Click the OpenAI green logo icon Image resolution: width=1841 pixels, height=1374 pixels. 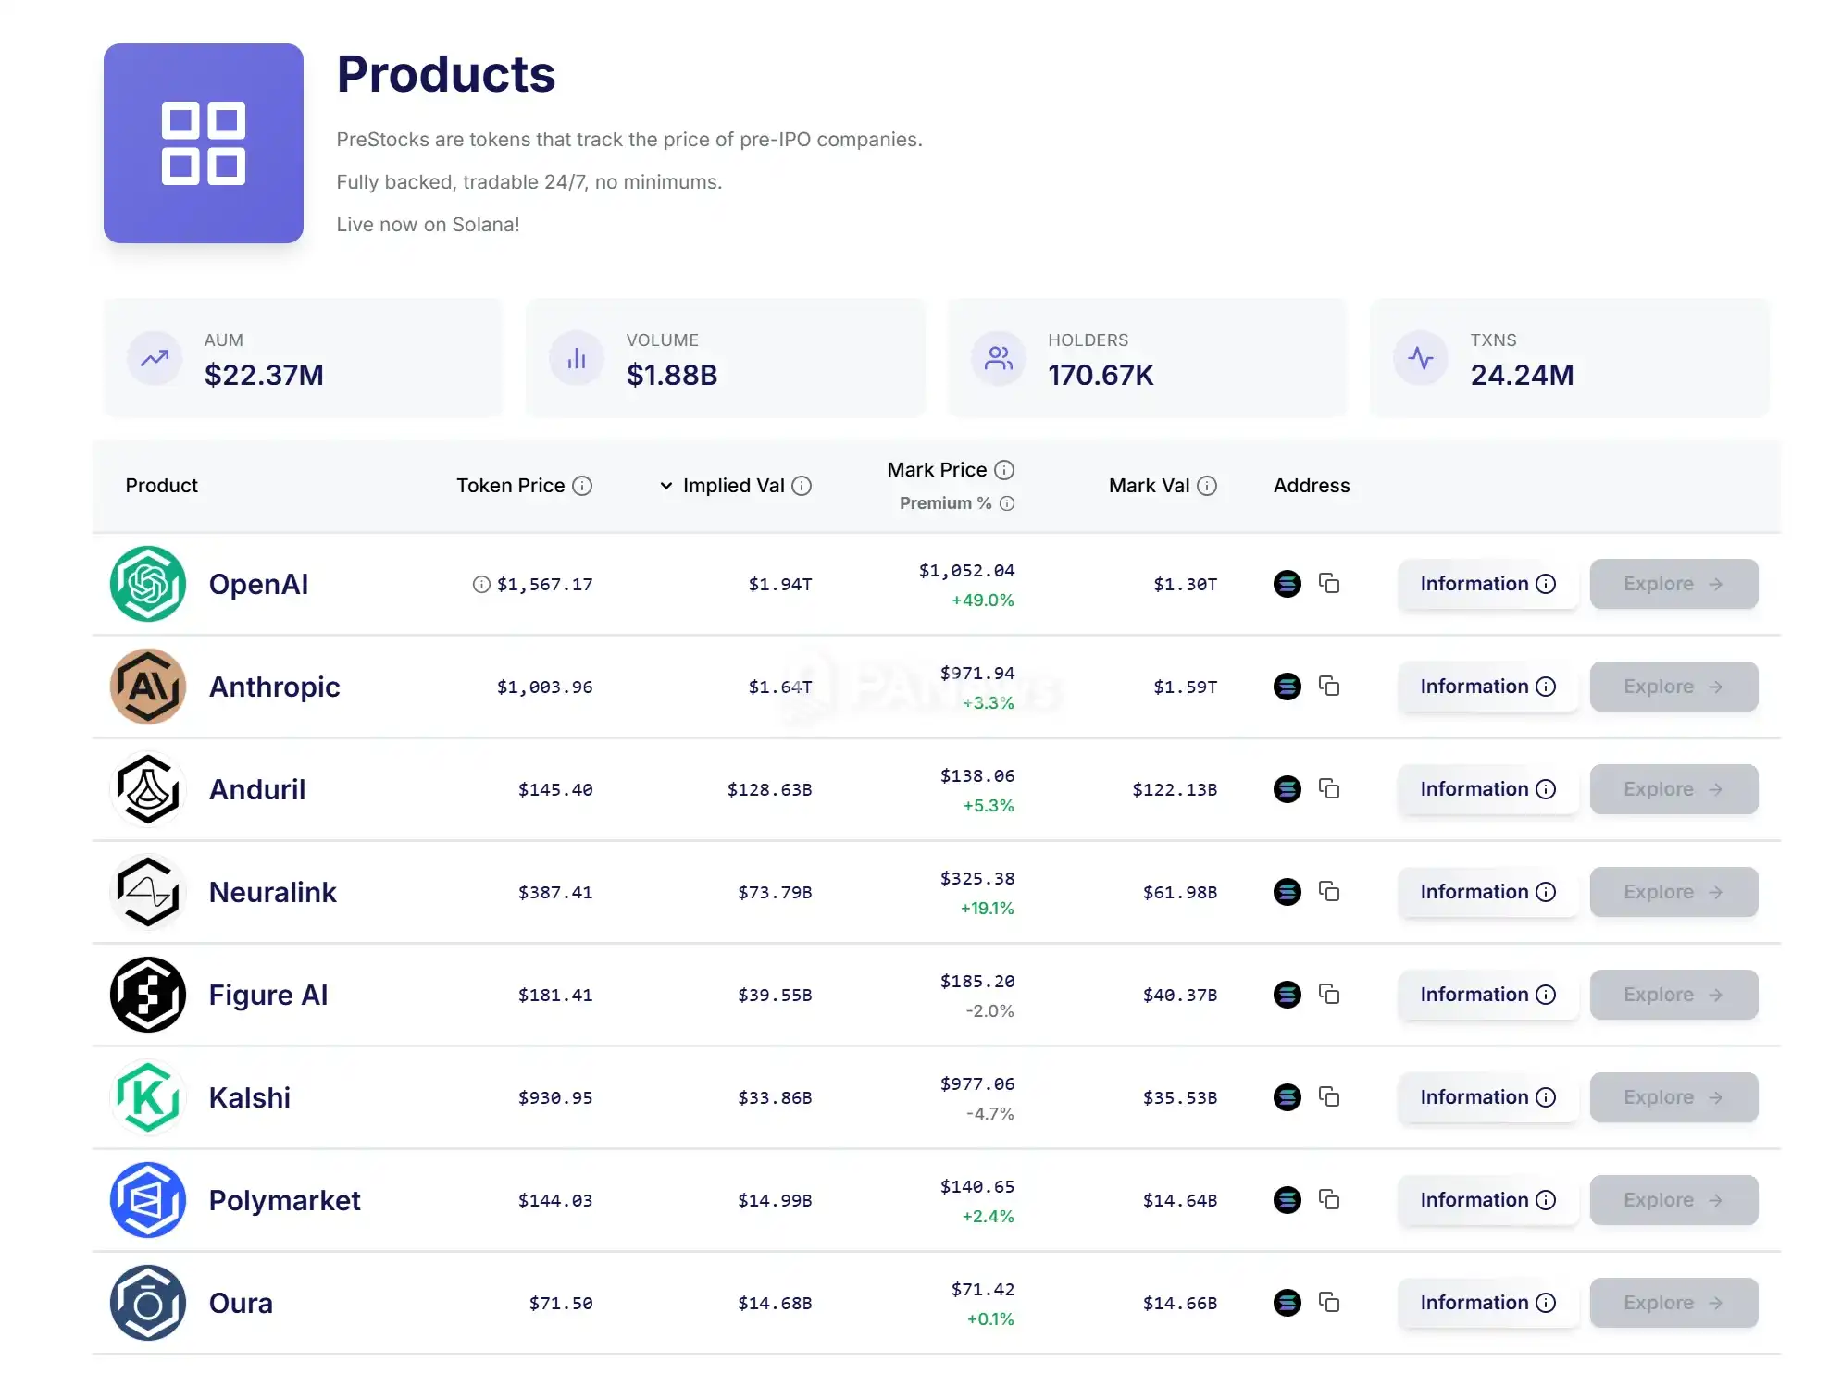pyautogui.click(x=148, y=584)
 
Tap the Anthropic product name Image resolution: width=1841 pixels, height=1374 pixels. pyautogui.click(x=274, y=687)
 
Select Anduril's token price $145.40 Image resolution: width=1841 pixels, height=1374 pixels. pyautogui.click(x=555, y=789)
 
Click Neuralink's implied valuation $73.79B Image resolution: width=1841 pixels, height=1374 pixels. pyautogui.click(x=775, y=892)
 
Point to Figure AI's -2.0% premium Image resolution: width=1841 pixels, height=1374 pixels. pyautogui.click(x=989, y=1010)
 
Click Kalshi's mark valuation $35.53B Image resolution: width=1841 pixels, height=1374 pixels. pyautogui.click(x=1180, y=1097)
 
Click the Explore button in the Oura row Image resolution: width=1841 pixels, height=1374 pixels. pyautogui.click(x=1673, y=1303)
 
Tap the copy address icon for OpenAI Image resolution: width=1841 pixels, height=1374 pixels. pyautogui.click(x=1329, y=583)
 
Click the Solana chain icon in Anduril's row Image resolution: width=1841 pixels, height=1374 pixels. pyautogui.click(x=1287, y=789)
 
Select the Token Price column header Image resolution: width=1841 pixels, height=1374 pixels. pyautogui.click(x=510, y=486)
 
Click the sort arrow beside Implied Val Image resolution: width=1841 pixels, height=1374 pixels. pyautogui.click(x=665, y=486)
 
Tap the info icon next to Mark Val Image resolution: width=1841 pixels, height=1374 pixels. pyautogui.click(x=1207, y=486)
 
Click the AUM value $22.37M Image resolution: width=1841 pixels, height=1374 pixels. pyautogui.click(x=264, y=375)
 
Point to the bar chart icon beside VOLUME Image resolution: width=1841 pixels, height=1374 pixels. pyautogui.click(x=577, y=358)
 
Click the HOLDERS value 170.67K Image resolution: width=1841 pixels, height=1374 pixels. pyautogui.click(x=1101, y=375)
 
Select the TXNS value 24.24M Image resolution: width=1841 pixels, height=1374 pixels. pyautogui.click(x=1522, y=375)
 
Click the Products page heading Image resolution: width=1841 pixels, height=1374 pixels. pyautogui.click(x=445, y=74)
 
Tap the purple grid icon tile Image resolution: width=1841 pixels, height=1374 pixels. pyautogui.click(x=204, y=143)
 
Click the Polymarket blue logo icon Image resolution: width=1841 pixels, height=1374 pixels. pyautogui.click(x=148, y=1200)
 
